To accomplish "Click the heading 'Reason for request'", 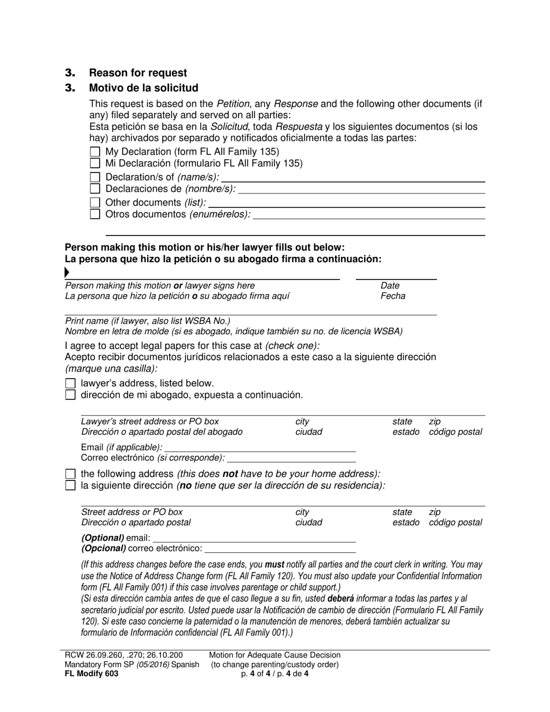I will tap(138, 73).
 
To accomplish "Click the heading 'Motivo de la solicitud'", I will tap(144, 88).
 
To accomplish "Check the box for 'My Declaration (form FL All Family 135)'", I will tap(96, 152).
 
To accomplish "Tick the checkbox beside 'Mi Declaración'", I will tap(96, 163).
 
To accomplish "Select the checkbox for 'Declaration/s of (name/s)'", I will tap(96, 177).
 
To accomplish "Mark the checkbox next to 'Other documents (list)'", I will tap(96, 203).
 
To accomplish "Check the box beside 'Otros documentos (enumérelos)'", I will tap(96, 214).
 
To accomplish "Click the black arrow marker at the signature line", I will tap(67, 273).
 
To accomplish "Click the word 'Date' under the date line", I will tap(390, 285).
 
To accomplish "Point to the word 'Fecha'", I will tap(393, 296).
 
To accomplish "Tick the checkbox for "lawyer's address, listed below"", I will tap(71, 383).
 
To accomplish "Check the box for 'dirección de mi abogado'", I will tap(71, 395).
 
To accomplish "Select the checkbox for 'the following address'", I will tap(71, 474).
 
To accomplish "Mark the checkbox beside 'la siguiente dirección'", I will tap(71, 485).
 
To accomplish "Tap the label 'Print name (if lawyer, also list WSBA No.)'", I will tap(148, 321).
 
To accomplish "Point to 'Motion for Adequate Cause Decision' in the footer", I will tap(275, 655).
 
